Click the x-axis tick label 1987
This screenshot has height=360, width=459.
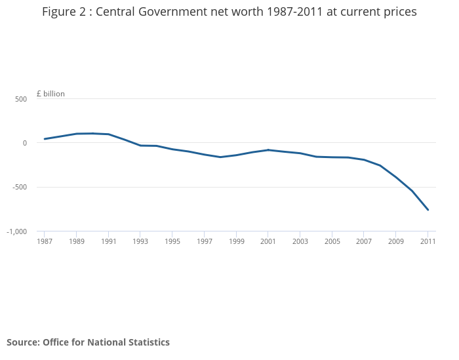(x=45, y=241)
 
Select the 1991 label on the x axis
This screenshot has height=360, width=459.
(x=109, y=241)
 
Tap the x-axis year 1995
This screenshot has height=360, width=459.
(x=172, y=241)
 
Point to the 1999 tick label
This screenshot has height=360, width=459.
(x=236, y=241)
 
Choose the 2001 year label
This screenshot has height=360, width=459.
(x=268, y=241)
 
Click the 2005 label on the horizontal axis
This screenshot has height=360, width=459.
(x=332, y=241)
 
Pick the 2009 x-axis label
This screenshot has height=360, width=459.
(x=395, y=241)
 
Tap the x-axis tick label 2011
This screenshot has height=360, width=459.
(x=428, y=241)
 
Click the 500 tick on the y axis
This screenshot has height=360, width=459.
(x=21, y=99)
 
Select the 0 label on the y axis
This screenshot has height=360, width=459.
(x=24, y=143)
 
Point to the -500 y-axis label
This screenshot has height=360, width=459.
(x=19, y=188)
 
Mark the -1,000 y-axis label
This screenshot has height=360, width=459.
(x=16, y=231)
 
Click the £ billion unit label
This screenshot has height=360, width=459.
(x=50, y=94)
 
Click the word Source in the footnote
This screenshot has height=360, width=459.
(x=22, y=342)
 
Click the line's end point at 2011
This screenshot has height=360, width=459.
(x=428, y=210)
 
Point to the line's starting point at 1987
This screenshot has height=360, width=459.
(x=45, y=139)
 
